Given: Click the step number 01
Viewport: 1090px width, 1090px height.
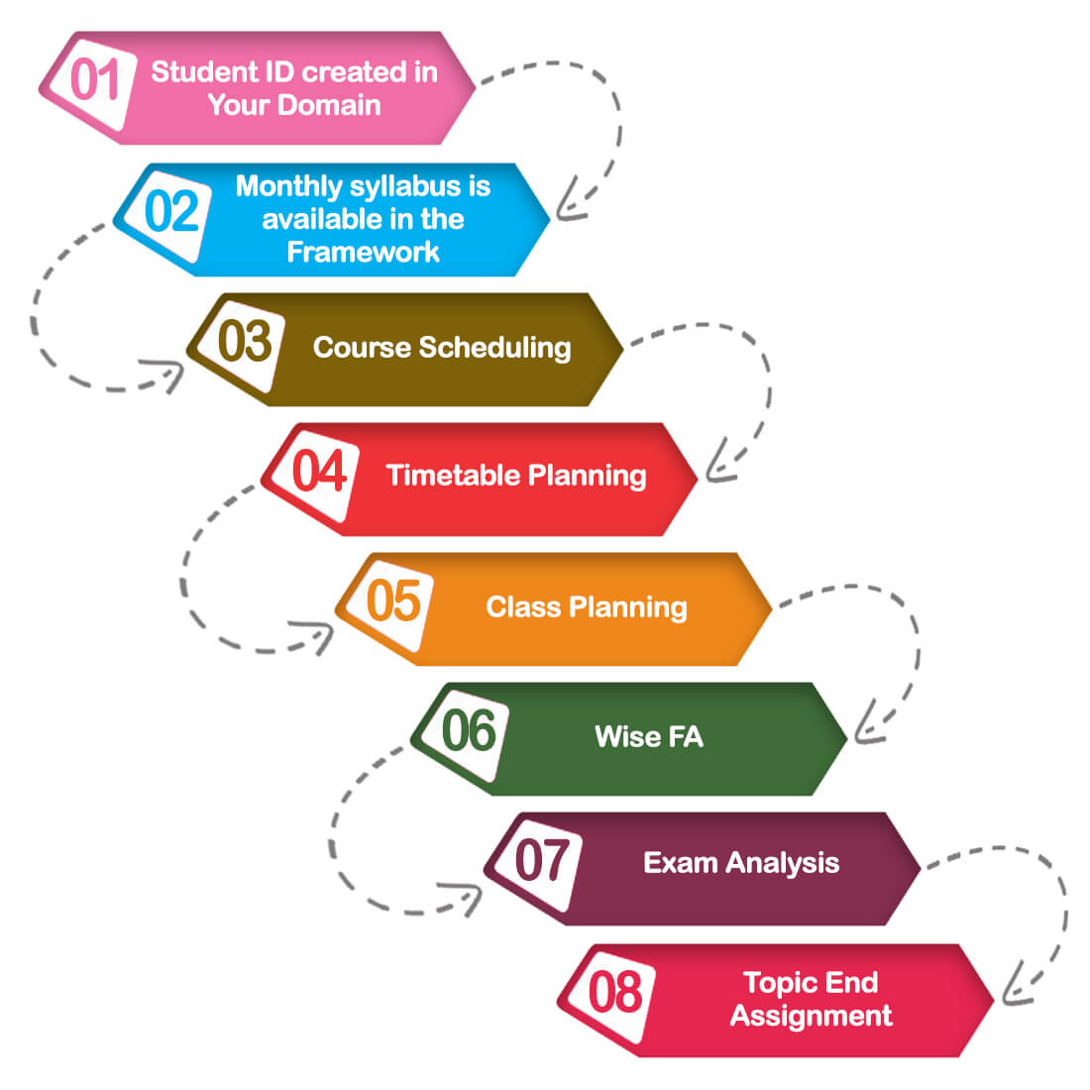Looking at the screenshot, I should click(95, 80).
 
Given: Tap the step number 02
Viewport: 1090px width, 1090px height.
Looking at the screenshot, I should click(171, 211).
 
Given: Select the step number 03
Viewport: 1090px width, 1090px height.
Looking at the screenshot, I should click(244, 342).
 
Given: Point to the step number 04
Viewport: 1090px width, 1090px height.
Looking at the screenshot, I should click(319, 471).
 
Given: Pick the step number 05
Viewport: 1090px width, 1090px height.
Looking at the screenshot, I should click(393, 601).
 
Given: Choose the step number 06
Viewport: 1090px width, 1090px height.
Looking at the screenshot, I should click(468, 731).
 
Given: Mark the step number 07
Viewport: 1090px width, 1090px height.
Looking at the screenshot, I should click(542, 860).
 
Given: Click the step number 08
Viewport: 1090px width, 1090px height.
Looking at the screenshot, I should click(615, 992).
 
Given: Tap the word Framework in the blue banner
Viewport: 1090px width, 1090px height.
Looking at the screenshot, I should click(363, 252).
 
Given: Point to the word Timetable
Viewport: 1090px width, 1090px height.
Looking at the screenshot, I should click(451, 476).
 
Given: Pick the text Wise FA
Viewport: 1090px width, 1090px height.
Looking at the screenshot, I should click(649, 736).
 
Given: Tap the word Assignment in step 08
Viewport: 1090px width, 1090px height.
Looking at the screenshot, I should click(812, 1016).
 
